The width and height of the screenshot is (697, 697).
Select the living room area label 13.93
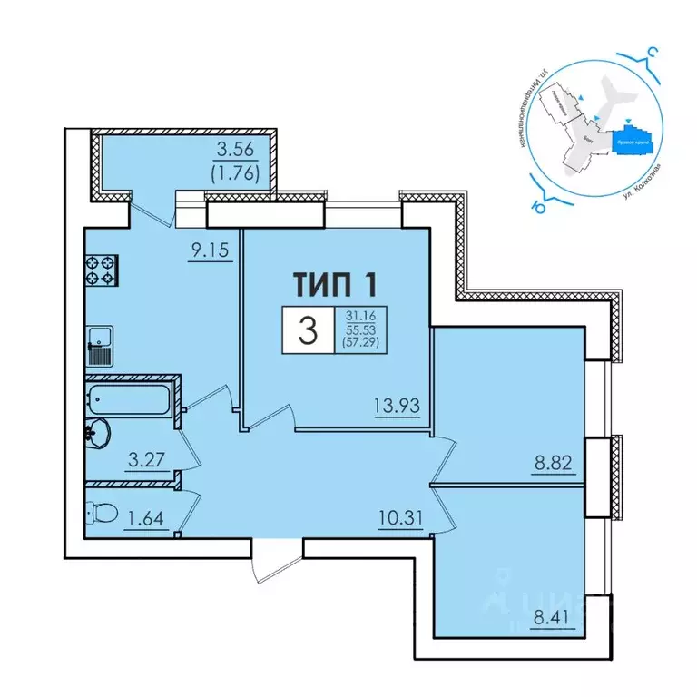pyautogui.click(x=400, y=407)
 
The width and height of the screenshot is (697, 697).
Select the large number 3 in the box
pyautogui.click(x=309, y=331)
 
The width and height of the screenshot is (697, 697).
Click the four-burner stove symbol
pyautogui.click(x=101, y=271)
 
